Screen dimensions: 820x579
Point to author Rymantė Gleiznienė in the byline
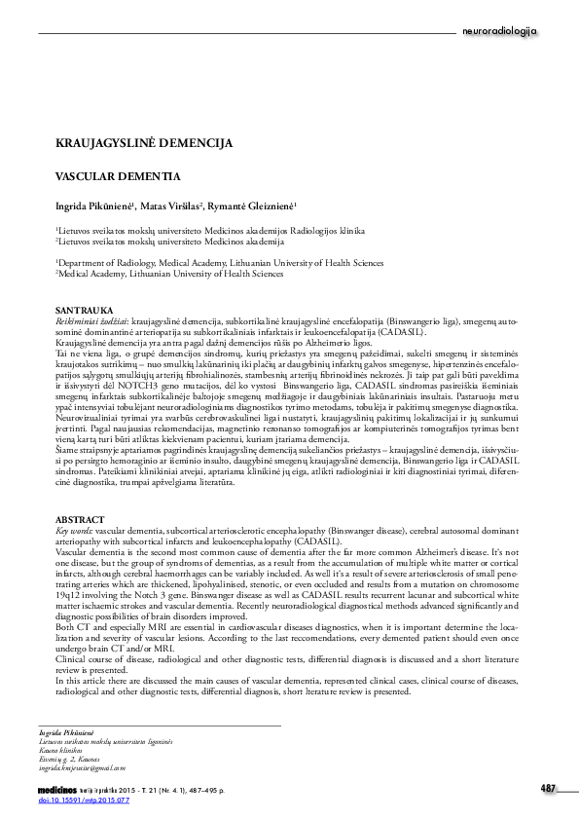[254, 207]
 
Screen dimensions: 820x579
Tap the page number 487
[548, 788]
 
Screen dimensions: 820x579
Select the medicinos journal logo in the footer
[57, 788]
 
